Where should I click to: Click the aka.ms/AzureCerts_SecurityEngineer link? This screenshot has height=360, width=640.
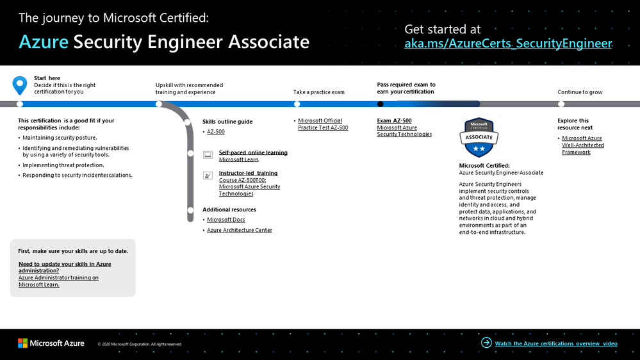click(508, 44)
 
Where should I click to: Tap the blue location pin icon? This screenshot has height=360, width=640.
click(20, 85)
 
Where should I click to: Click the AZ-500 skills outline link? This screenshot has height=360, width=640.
click(215, 132)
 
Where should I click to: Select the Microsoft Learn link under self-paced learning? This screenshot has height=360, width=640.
click(238, 160)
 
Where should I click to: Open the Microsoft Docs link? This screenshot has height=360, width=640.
click(226, 220)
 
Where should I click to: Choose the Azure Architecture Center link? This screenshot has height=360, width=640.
click(239, 230)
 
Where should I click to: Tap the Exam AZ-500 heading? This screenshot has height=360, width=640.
click(394, 120)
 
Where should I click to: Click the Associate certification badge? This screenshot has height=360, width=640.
click(479, 138)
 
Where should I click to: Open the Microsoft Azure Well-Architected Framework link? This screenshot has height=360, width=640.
click(582, 145)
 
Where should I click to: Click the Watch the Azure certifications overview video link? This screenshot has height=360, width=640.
click(556, 343)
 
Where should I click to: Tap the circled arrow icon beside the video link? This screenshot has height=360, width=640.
click(486, 343)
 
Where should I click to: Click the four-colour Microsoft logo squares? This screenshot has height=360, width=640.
click(22, 343)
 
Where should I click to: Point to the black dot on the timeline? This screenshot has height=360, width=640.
click(381, 104)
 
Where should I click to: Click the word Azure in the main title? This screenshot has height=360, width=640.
click(43, 42)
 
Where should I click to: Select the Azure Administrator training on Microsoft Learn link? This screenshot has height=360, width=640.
click(58, 281)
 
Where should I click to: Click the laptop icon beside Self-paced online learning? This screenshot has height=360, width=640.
click(208, 154)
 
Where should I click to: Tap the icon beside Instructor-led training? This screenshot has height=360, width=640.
click(208, 175)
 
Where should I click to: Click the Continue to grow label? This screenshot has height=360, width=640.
click(580, 92)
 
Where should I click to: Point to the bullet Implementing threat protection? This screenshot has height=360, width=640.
click(63, 165)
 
